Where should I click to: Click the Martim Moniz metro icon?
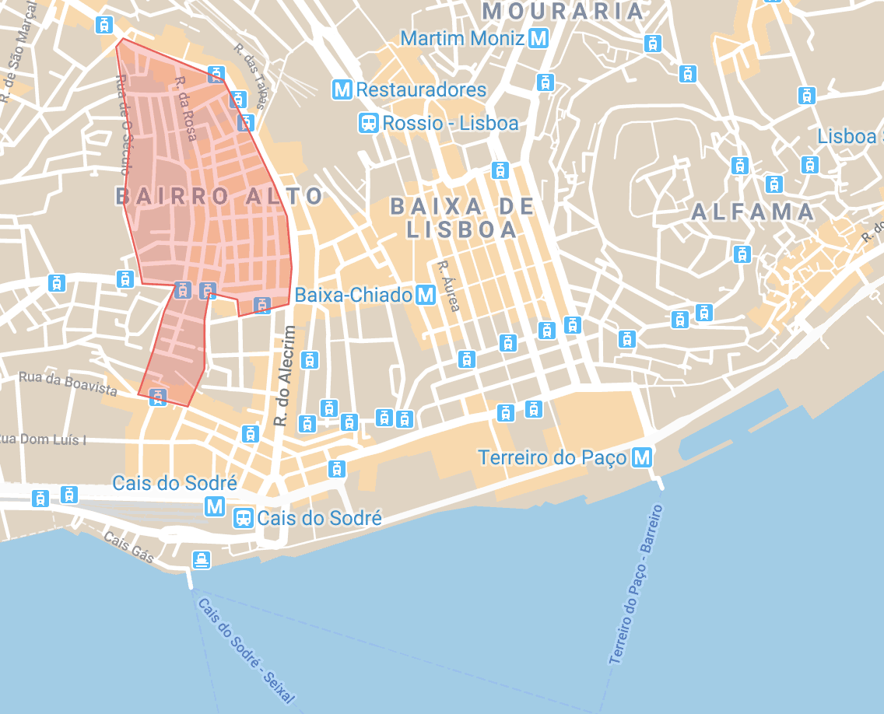click(538, 37)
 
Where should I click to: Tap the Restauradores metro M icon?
click(342, 89)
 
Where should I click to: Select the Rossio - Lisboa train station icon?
click(369, 123)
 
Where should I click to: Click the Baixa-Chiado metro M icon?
click(426, 295)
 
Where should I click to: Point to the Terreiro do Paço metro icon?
click(642, 457)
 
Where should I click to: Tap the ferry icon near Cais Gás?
click(202, 559)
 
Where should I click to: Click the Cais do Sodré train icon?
click(244, 518)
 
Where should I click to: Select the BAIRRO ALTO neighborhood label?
click(219, 196)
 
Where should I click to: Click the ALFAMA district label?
click(752, 212)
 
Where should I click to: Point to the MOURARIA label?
click(563, 11)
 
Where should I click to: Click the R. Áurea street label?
click(449, 285)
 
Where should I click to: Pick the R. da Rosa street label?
click(185, 108)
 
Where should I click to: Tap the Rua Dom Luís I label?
click(43, 439)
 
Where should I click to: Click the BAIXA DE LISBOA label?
click(462, 218)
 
